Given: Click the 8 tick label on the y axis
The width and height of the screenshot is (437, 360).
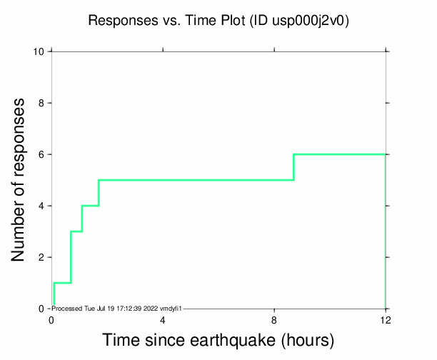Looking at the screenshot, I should pos(41,103).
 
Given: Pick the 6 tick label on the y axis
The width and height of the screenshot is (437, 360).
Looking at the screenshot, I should pos(41,154).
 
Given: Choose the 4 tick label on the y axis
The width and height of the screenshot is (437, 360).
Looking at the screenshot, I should pos(41,206).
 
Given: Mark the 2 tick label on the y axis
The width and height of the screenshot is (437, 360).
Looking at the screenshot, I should pos(41,257).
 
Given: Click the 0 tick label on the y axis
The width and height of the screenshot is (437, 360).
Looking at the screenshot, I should pos(41,309).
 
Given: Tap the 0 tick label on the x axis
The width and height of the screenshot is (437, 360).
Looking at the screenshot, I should pos(51,319).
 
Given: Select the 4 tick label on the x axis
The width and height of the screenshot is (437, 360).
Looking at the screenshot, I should pos(163,319).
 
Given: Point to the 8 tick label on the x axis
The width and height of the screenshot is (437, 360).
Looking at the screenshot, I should pos(274,319).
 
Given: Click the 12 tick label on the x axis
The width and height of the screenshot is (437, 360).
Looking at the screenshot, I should pos(386,319).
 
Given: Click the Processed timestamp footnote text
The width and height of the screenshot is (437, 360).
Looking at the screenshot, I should pos(119,308).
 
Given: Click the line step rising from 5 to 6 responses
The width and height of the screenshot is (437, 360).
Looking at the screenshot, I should pos(293,167).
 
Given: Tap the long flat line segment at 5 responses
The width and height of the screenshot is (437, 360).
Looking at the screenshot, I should pos(196,180).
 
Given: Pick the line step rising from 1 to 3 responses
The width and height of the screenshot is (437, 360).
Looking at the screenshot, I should pos(71,257).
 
